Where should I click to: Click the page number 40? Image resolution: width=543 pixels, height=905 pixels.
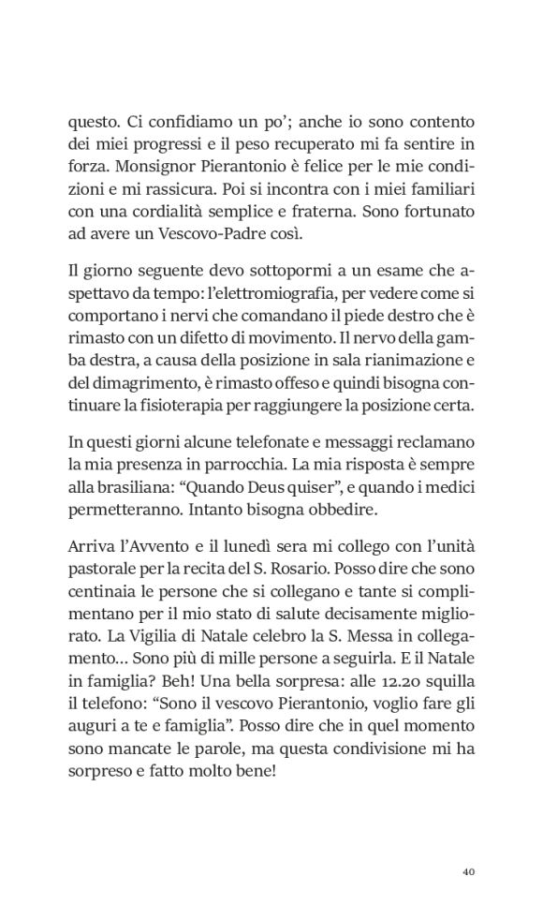470,871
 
